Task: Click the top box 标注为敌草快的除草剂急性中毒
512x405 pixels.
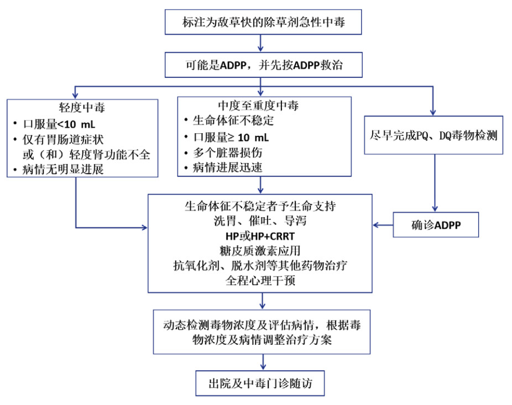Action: pos(264,22)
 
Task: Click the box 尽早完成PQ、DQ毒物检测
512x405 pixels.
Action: pos(433,134)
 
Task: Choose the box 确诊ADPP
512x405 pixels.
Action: pos(436,225)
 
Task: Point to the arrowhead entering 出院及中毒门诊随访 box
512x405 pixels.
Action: pos(262,367)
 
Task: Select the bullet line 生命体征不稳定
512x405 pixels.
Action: pos(233,120)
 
